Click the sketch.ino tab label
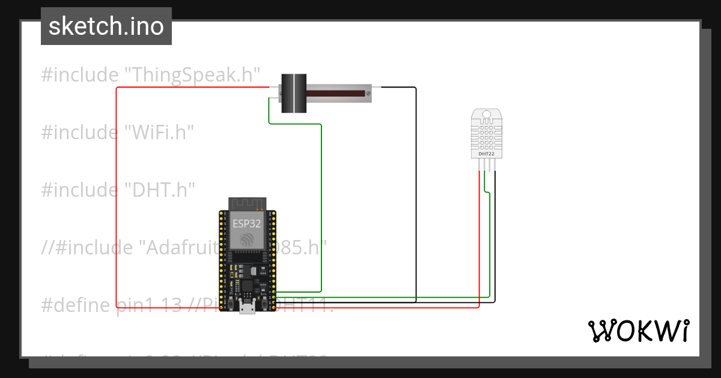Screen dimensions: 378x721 [106, 26]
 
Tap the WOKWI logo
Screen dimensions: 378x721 [638, 331]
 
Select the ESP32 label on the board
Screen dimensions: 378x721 [247, 224]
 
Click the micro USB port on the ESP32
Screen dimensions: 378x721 [246, 308]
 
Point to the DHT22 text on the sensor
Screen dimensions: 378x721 [486, 154]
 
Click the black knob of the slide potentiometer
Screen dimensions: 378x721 [294, 94]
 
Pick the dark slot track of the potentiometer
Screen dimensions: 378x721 [336, 94]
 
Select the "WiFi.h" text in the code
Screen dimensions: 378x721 [159, 132]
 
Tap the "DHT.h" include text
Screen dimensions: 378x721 [160, 190]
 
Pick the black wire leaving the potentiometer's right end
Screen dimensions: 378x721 [416, 180]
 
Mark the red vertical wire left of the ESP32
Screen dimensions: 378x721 [117, 198]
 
